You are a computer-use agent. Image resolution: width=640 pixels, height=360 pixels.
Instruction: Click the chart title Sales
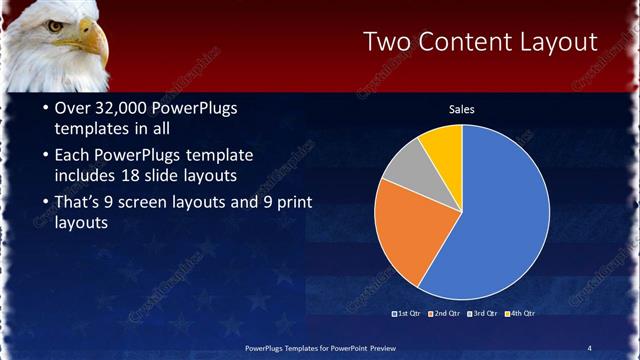pyautogui.click(x=461, y=109)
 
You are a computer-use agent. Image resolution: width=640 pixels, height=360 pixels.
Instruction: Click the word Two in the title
pyautogui.click(x=386, y=42)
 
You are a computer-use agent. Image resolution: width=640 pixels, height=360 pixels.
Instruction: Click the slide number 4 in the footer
pyautogui.click(x=589, y=347)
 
